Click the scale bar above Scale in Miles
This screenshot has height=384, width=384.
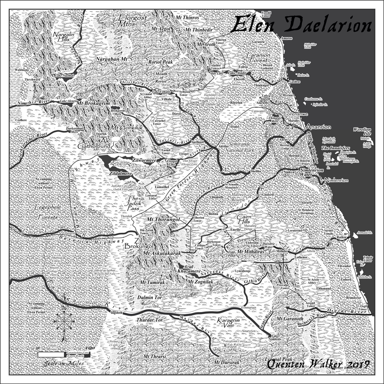(x=64, y=354)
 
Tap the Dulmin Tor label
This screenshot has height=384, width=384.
(x=149, y=297)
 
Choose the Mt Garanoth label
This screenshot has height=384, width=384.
(x=290, y=319)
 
